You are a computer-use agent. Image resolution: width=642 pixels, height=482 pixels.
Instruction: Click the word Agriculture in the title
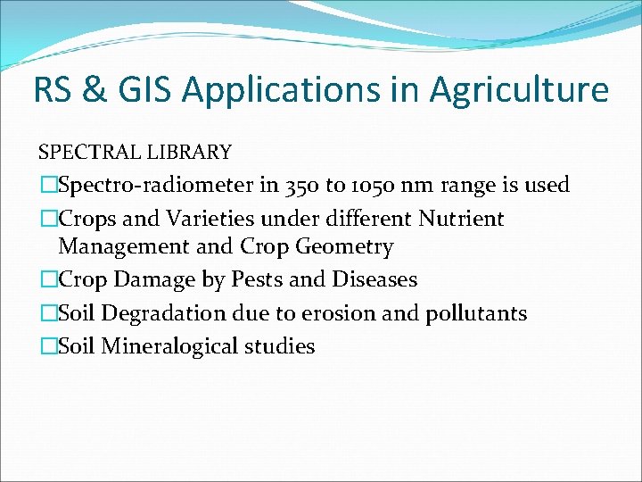click(519, 91)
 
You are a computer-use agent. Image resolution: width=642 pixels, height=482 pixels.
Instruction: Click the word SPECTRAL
click(82, 153)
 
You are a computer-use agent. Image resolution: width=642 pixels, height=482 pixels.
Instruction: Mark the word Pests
click(258, 279)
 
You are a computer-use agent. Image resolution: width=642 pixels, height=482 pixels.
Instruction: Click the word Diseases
click(374, 279)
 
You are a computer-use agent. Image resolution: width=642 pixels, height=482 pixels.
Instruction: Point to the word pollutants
click(479, 313)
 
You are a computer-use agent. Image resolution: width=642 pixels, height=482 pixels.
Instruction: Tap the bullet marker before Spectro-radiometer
click(48, 186)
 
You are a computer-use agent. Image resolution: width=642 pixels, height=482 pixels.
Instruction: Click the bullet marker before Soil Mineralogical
click(48, 346)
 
